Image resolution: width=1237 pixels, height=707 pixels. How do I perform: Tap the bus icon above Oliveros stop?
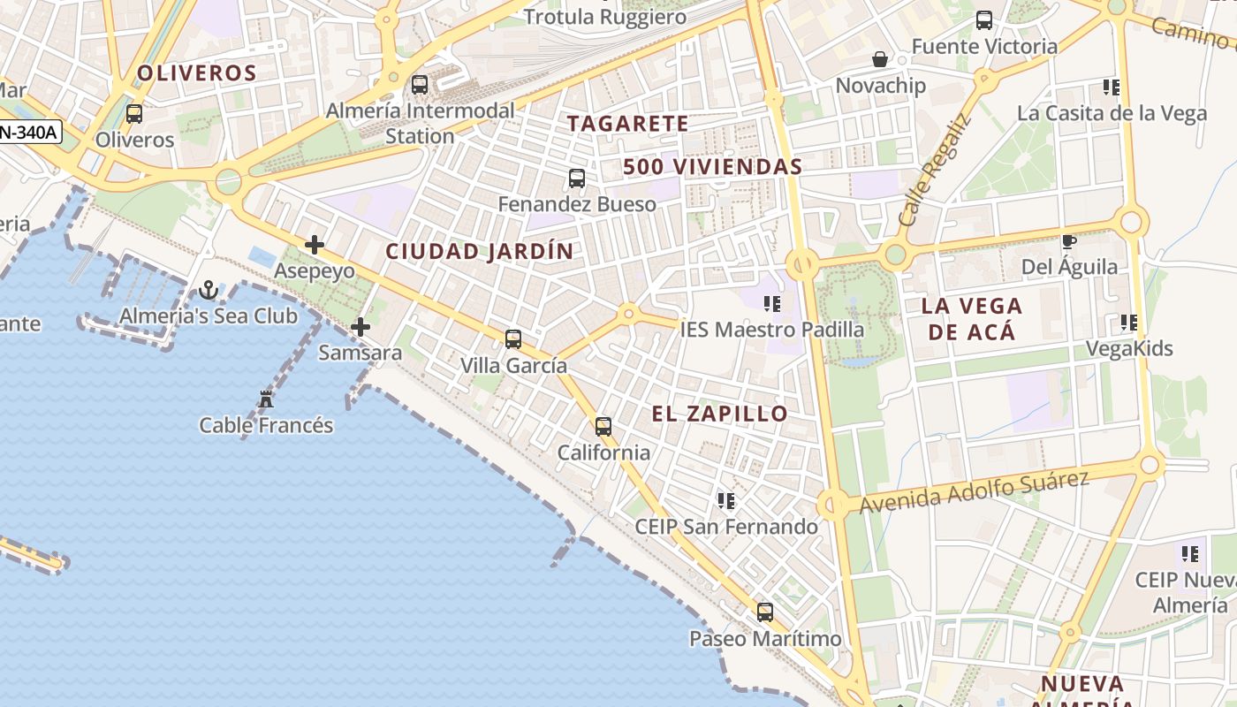point(134,114)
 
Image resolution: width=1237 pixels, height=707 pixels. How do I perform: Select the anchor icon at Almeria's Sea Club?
point(209,289)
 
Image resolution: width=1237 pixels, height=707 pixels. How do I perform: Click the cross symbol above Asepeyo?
point(314,245)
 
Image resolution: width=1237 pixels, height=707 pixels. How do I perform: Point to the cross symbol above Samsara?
point(360,327)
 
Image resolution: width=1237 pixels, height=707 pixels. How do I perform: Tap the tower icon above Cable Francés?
point(266,399)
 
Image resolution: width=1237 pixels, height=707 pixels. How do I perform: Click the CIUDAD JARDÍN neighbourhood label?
point(479,251)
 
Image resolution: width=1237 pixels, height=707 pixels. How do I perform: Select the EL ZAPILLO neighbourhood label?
point(719,414)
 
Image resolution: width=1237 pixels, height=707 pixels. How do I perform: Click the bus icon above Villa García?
point(513,338)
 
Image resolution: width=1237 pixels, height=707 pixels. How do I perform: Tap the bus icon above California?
point(603,427)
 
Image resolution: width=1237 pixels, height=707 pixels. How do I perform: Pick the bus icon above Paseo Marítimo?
point(765,612)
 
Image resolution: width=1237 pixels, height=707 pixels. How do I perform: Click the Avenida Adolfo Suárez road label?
point(974,491)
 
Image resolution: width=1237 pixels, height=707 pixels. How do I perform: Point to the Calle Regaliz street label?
point(934,170)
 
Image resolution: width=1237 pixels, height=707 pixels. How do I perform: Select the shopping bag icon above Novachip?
point(880,59)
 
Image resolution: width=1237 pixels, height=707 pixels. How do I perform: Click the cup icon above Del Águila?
point(1069,241)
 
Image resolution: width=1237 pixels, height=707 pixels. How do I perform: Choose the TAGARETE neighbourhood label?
point(627,124)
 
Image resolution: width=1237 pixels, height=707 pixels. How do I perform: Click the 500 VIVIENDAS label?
point(712,166)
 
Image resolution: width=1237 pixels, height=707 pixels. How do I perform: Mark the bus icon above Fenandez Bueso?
point(577,179)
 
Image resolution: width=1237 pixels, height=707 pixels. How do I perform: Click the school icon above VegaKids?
point(1128,323)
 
